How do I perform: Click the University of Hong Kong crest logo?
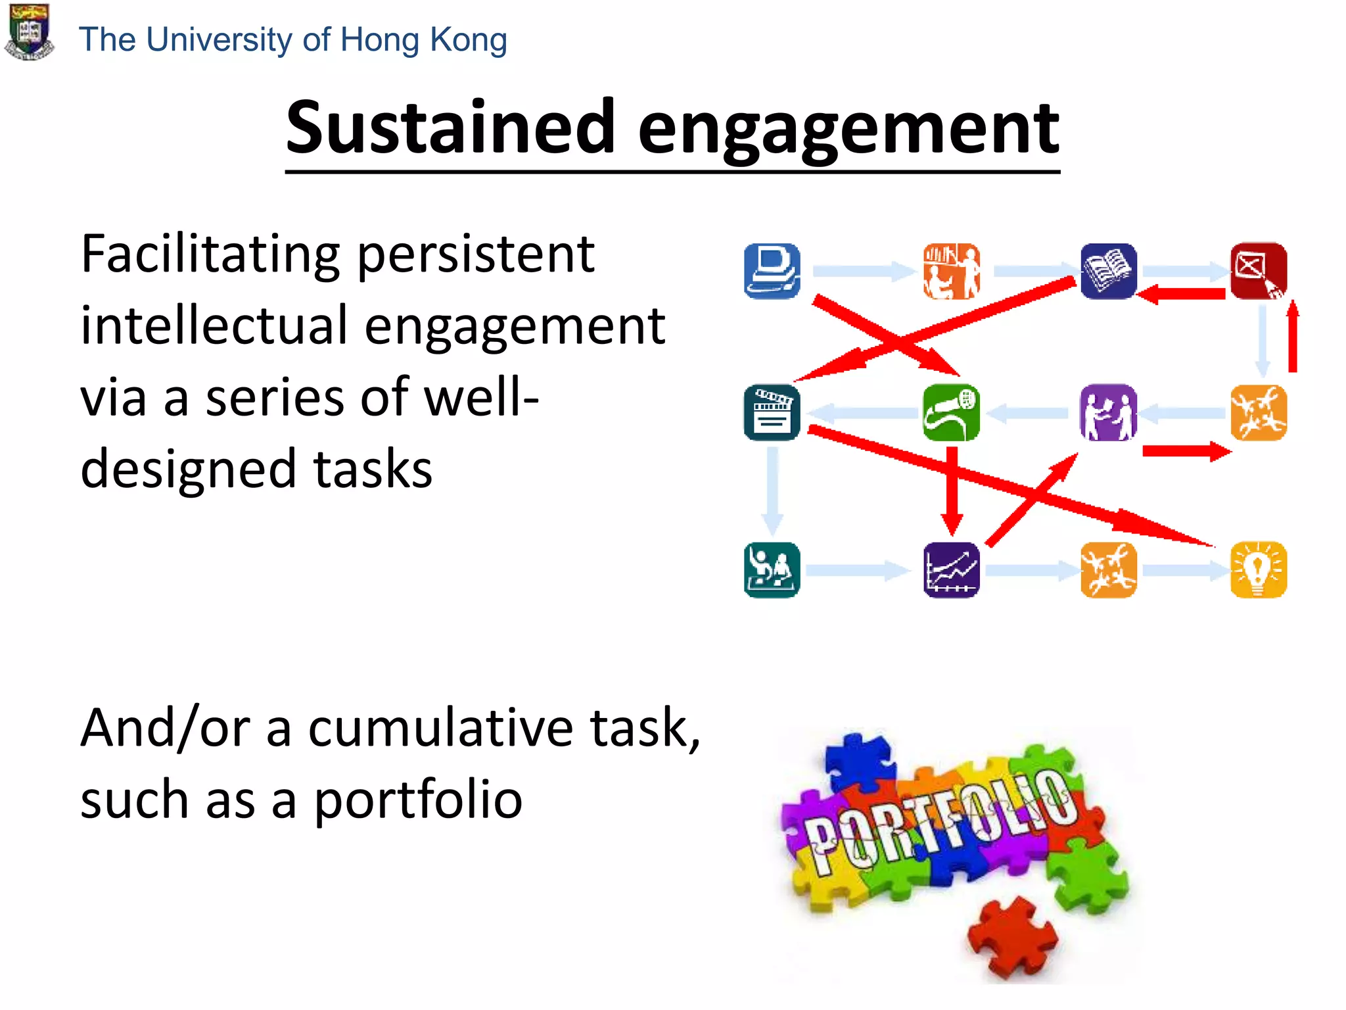(29, 32)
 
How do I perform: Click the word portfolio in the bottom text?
(418, 800)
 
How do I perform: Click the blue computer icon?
(772, 271)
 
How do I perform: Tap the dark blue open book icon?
(1108, 271)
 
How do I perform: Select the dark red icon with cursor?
(1258, 271)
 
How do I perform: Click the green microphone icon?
(951, 413)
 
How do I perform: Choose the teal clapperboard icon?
(772, 413)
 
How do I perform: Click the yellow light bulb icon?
(1258, 569)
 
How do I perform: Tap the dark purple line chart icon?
(951, 569)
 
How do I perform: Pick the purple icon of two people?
(1108, 413)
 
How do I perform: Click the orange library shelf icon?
(951, 271)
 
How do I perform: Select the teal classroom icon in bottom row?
(772, 569)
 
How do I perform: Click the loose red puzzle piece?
(1012, 937)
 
